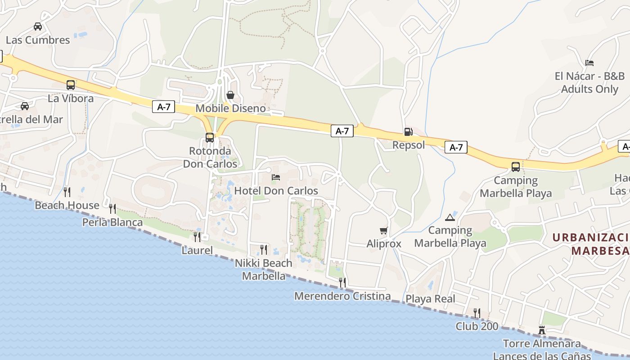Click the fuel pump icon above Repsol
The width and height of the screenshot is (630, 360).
(x=408, y=132)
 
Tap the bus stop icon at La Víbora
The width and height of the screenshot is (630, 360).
(x=71, y=85)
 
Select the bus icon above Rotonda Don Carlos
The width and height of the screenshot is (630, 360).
(x=210, y=137)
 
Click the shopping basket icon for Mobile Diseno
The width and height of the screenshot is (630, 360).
(x=230, y=95)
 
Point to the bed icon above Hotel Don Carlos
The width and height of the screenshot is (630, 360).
(x=276, y=177)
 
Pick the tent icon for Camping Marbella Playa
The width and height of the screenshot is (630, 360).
(x=450, y=218)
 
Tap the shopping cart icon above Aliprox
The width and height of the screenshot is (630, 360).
(x=383, y=231)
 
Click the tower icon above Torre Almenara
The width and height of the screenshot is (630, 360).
(x=542, y=331)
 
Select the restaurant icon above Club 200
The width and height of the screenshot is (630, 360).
(x=477, y=313)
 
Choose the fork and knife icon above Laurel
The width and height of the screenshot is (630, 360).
(x=197, y=237)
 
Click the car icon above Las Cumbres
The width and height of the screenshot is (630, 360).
(x=38, y=27)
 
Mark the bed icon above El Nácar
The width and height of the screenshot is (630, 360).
(x=589, y=63)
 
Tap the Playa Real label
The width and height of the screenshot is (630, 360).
(x=431, y=299)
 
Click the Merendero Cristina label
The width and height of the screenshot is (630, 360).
(x=342, y=296)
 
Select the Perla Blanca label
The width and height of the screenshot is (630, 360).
(x=112, y=222)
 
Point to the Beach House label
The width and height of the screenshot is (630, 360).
(x=67, y=206)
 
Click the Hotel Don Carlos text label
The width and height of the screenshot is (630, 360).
(x=276, y=191)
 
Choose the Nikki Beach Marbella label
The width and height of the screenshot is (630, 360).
(x=264, y=269)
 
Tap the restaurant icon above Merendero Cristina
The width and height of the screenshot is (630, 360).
(x=342, y=282)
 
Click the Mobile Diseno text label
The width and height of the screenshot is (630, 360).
(x=230, y=108)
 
